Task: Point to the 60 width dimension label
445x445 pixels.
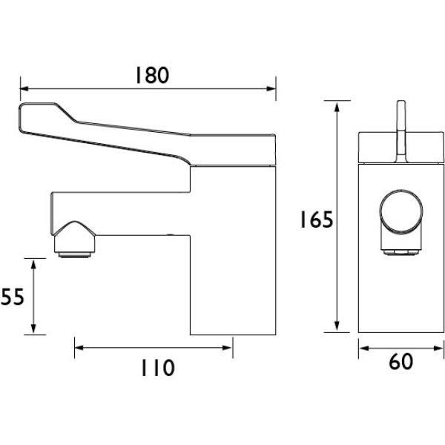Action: (x=400, y=363)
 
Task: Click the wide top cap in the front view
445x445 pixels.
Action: (x=400, y=146)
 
